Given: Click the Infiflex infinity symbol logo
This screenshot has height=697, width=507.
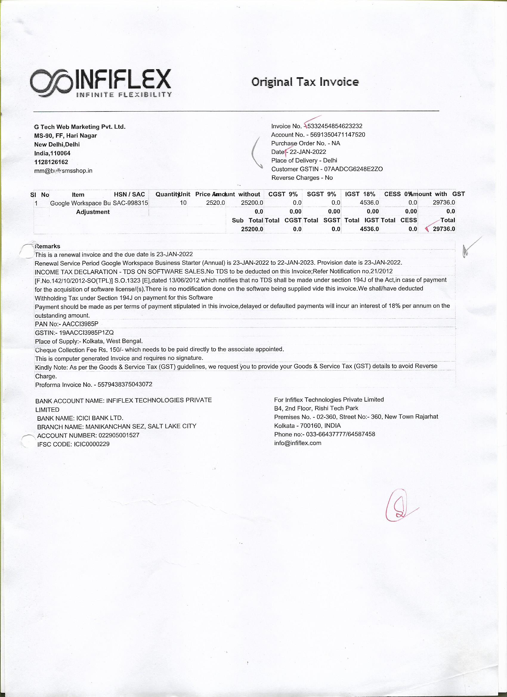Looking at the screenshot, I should click(51, 83).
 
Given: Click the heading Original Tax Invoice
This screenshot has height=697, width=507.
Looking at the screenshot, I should click(305, 82).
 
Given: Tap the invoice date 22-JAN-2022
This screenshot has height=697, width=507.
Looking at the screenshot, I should click(308, 152).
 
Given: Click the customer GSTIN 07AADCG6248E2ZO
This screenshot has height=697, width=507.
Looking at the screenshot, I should click(353, 169).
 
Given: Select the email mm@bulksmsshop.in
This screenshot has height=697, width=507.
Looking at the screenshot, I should click(63, 171).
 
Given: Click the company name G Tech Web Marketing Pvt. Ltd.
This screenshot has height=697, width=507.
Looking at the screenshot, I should click(80, 127).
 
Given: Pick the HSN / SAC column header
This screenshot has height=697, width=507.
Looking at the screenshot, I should click(129, 195).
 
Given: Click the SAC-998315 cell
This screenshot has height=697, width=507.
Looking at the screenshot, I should click(130, 203).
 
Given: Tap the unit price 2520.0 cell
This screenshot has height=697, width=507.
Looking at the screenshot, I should click(215, 203).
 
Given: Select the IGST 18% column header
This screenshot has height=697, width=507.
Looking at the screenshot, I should click(360, 194).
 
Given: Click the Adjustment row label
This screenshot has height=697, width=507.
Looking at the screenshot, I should click(93, 212).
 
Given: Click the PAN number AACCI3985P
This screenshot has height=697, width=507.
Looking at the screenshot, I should click(80, 324).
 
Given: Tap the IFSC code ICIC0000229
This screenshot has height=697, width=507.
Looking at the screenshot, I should click(92, 444).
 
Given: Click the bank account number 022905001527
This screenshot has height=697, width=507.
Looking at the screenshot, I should click(119, 436).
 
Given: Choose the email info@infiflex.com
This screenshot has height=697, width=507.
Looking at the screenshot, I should click(298, 443).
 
